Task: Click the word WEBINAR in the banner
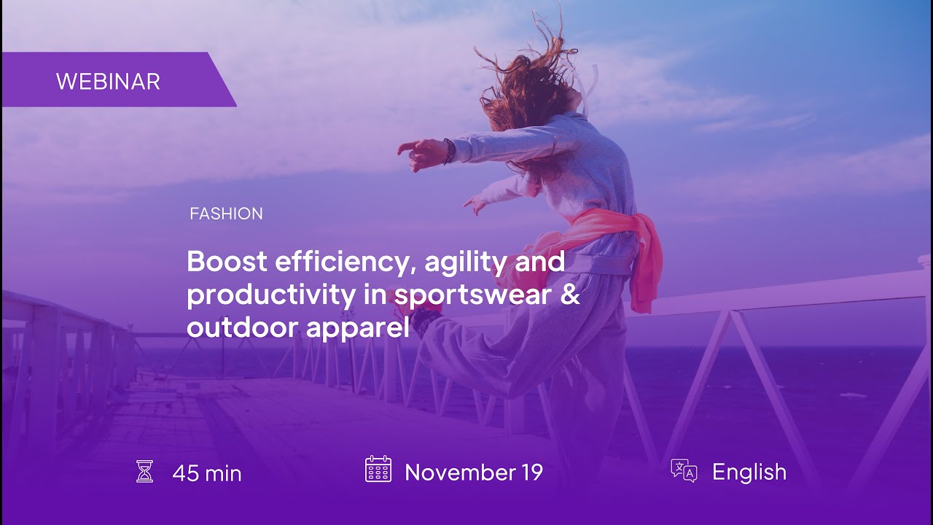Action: [x=108, y=81]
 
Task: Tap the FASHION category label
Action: [x=226, y=214]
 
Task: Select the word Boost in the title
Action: [x=227, y=261]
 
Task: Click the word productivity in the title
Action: [x=271, y=295]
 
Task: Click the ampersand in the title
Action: [x=569, y=293]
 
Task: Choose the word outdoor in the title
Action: [x=242, y=327]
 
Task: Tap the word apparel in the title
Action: [x=358, y=328]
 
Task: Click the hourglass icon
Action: [x=144, y=471]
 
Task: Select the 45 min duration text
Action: [x=207, y=473]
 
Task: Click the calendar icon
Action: [x=378, y=469]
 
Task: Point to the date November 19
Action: [x=474, y=472]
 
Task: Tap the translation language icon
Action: [x=684, y=470]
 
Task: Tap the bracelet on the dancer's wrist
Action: [x=448, y=151]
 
